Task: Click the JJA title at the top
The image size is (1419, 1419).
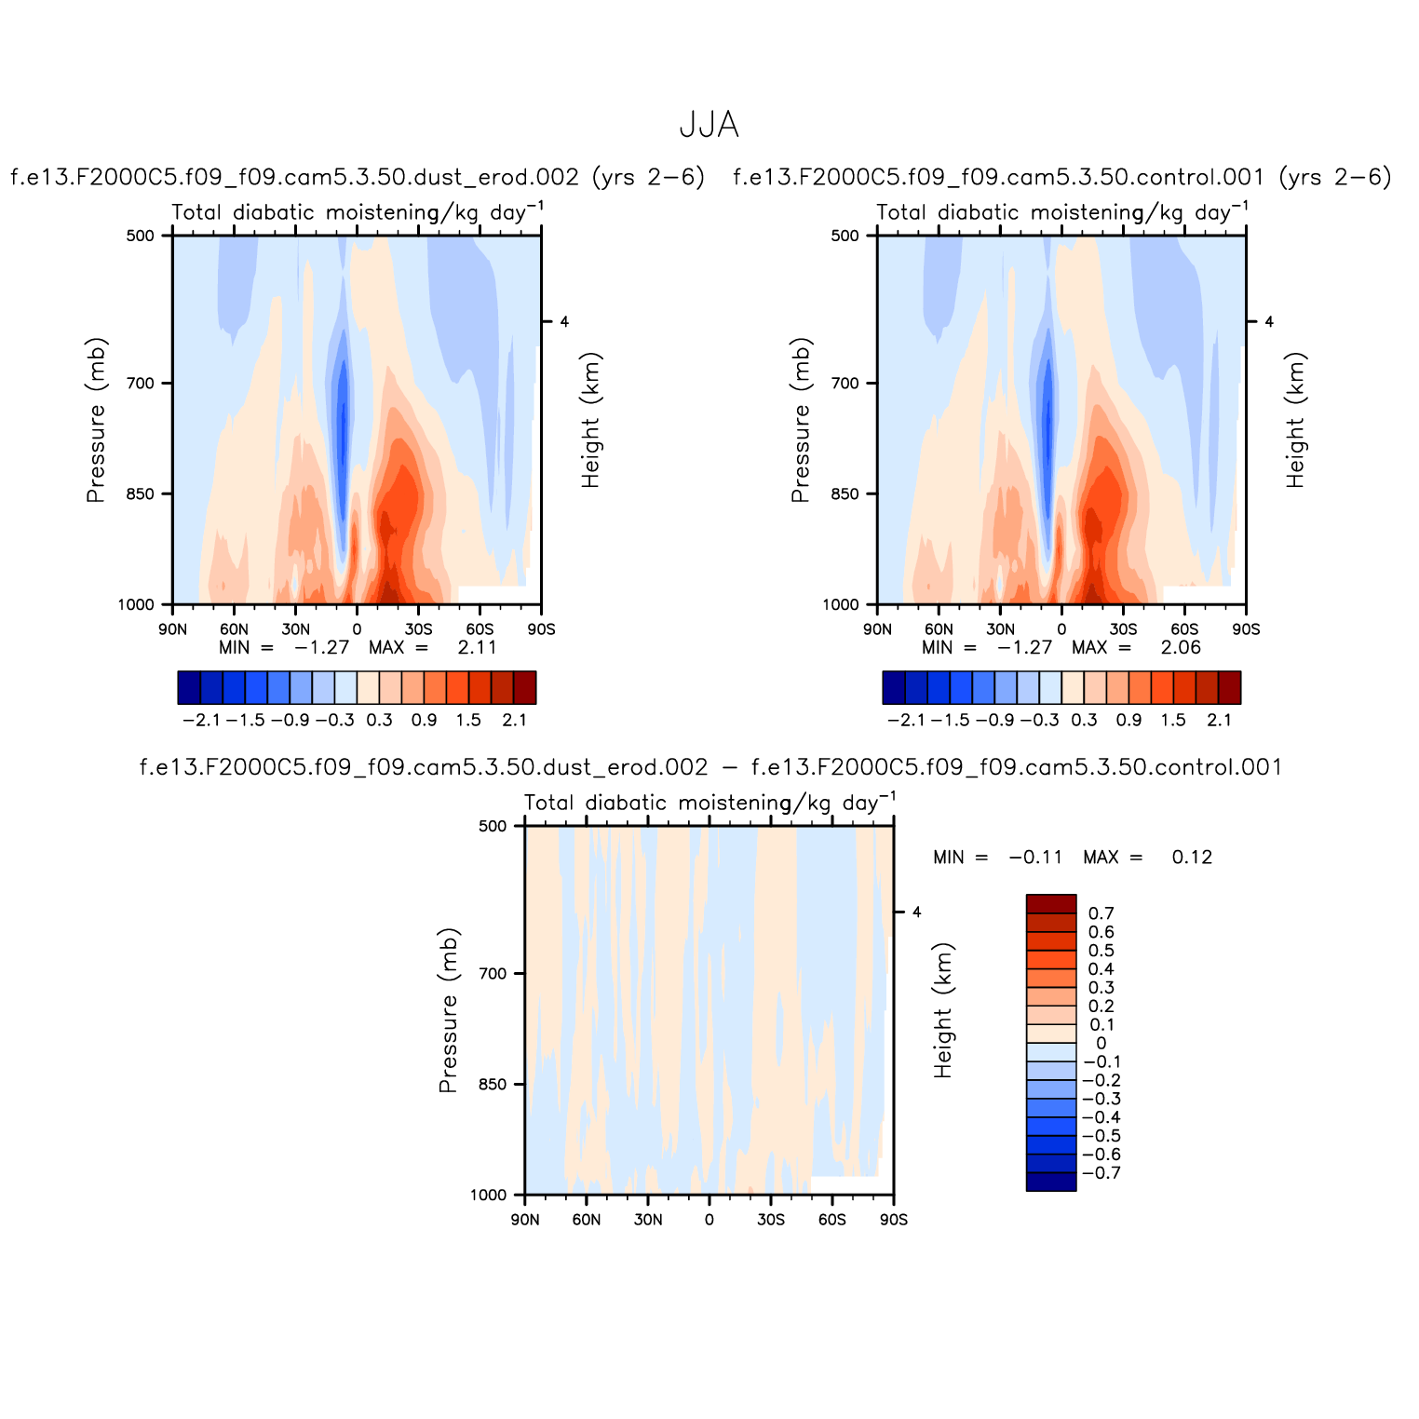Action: pos(709,125)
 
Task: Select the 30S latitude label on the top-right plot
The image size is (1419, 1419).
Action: pos(1123,629)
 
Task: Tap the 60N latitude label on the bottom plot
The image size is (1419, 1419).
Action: pos(586,1220)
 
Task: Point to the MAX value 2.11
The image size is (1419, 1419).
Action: pos(477,648)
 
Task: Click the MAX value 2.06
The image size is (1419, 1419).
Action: pos(1181,648)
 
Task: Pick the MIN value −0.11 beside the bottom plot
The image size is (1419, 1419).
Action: pos(1035,858)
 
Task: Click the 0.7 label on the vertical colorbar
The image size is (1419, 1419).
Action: pos(1101,913)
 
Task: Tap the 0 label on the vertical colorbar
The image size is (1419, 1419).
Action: pos(1101,1044)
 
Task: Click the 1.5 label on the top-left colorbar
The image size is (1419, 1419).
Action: pos(468,720)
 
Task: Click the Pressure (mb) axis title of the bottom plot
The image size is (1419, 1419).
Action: pos(448,1010)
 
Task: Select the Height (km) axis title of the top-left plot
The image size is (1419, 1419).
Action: pos(590,420)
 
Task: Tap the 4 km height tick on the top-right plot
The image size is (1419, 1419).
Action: pos(1268,322)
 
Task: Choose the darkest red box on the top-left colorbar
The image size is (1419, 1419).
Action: pos(525,687)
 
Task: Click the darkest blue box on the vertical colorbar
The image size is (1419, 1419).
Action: pos(1051,1182)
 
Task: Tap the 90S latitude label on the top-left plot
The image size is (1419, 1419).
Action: pos(541,629)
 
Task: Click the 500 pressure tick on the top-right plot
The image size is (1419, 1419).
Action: pos(845,236)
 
